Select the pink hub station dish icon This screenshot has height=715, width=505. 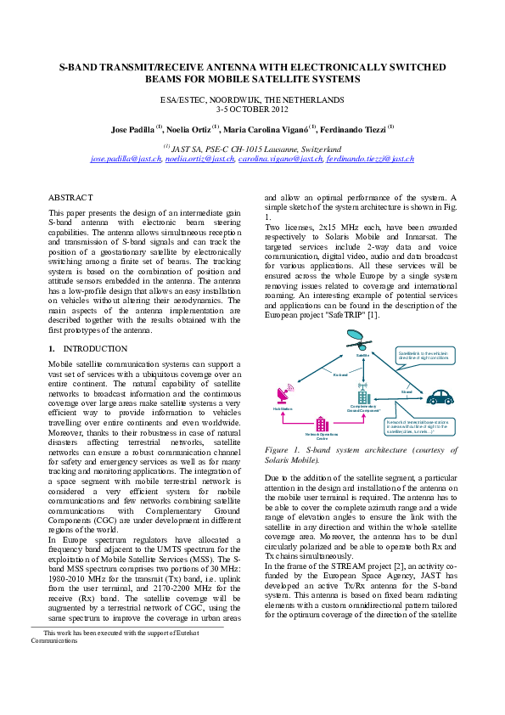[283, 396]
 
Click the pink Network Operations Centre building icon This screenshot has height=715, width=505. [322, 424]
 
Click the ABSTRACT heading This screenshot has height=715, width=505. [70, 196]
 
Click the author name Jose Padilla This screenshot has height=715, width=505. [132, 129]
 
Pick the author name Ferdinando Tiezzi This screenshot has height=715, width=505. [356, 129]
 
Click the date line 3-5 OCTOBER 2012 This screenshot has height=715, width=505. [252, 110]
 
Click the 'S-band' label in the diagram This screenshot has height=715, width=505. [406, 391]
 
